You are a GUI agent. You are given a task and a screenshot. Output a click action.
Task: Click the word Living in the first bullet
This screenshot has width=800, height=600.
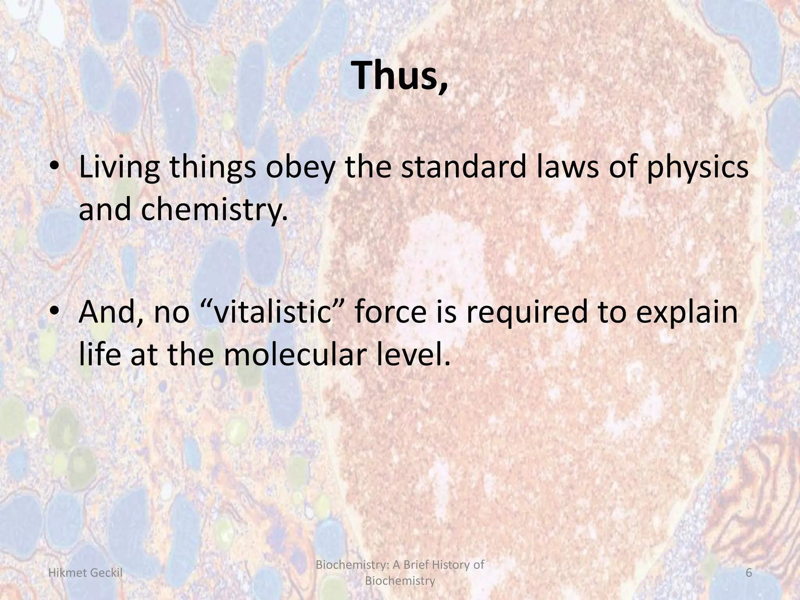tap(119, 167)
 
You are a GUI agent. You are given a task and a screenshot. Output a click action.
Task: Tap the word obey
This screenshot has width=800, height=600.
tap(299, 167)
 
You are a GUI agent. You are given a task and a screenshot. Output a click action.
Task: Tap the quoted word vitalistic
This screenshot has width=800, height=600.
tap(275, 312)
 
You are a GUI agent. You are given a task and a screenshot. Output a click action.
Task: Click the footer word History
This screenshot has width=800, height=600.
tap(445, 564)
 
